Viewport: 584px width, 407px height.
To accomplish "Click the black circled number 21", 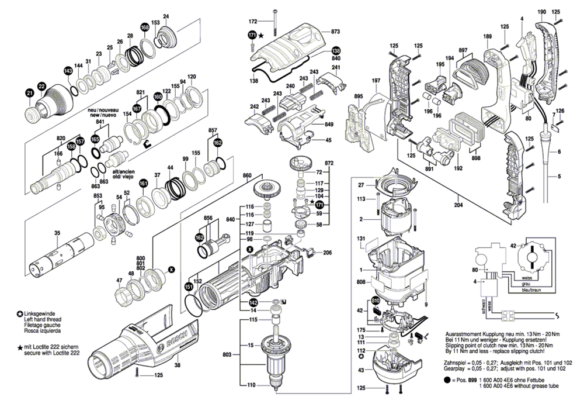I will click(30, 92).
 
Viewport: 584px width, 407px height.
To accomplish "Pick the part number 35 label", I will click(57, 233).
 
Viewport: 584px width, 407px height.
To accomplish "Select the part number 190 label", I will click(541, 11).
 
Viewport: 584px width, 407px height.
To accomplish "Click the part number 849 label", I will click(329, 125).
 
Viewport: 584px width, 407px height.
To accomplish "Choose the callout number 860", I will click(247, 175).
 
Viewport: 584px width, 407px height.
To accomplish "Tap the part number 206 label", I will click(327, 253).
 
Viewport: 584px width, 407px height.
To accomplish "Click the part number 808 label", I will click(361, 282).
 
